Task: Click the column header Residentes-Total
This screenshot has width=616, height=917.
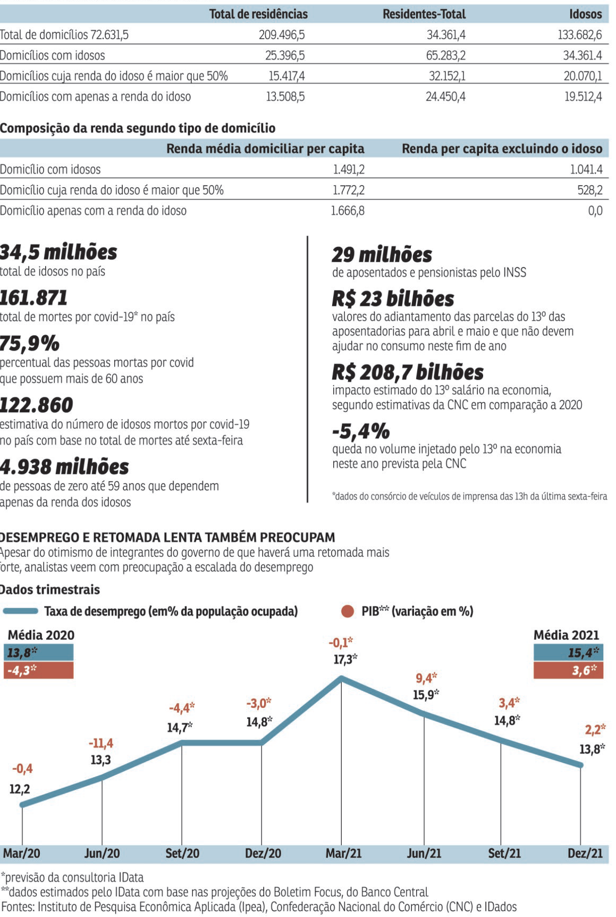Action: [x=424, y=14]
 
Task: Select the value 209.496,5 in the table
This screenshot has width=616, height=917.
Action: [x=282, y=35]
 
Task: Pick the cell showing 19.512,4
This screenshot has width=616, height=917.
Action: [x=583, y=97]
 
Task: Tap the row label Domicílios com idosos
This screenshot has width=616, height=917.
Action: [x=53, y=55]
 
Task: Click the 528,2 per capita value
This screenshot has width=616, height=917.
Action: [x=590, y=190]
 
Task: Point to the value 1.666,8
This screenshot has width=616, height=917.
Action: [x=348, y=211]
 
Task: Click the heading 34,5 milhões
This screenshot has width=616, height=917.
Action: [x=58, y=252]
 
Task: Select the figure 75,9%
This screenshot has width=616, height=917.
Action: [x=30, y=344]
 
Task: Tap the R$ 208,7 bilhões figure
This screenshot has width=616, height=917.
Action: [x=408, y=372]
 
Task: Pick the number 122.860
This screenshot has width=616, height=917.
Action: [x=37, y=405]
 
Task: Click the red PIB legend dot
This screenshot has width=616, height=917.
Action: [x=348, y=611]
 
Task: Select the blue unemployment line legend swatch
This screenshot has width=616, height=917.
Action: [x=20, y=611]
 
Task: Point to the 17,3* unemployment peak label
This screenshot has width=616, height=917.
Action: [x=345, y=660]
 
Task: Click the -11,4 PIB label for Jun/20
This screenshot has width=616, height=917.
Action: [x=100, y=743]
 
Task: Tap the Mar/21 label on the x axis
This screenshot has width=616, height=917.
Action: [x=343, y=854]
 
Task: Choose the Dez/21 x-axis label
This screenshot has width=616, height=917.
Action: [x=585, y=854]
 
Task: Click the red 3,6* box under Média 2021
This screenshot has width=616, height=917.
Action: [x=568, y=670]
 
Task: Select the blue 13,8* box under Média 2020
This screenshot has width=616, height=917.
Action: [x=38, y=653]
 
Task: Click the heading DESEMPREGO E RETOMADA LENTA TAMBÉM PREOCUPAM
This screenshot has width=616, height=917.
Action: [x=167, y=537]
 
